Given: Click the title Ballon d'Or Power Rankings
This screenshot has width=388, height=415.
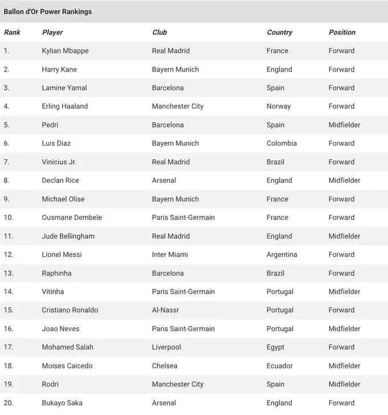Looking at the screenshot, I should pyautogui.click(x=47, y=11).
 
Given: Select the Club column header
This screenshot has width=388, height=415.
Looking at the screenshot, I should pyautogui.click(x=159, y=33).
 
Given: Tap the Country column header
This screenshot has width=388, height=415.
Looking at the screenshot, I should pyautogui.click(x=279, y=33).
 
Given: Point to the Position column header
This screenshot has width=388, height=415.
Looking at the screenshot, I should pyautogui.click(x=342, y=33).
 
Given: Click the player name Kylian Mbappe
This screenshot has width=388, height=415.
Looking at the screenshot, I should pyautogui.click(x=65, y=51).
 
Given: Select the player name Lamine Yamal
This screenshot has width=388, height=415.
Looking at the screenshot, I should pyautogui.click(x=64, y=88).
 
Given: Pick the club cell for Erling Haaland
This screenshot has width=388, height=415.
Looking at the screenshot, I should pyautogui.click(x=177, y=106).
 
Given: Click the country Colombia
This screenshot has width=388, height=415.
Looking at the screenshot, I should pyautogui.click(x=281, y=143).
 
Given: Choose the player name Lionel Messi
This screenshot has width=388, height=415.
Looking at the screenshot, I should pyautogui.click(x=62, y=255).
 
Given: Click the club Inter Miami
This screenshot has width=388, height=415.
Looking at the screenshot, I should pyautogui.click(x=169, y=255).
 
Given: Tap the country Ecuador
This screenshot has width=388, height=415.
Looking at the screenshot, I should pyautogui.click(x=279, y=366).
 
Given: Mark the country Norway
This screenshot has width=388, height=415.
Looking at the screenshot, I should pyautogui.click(x=278, y=106).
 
